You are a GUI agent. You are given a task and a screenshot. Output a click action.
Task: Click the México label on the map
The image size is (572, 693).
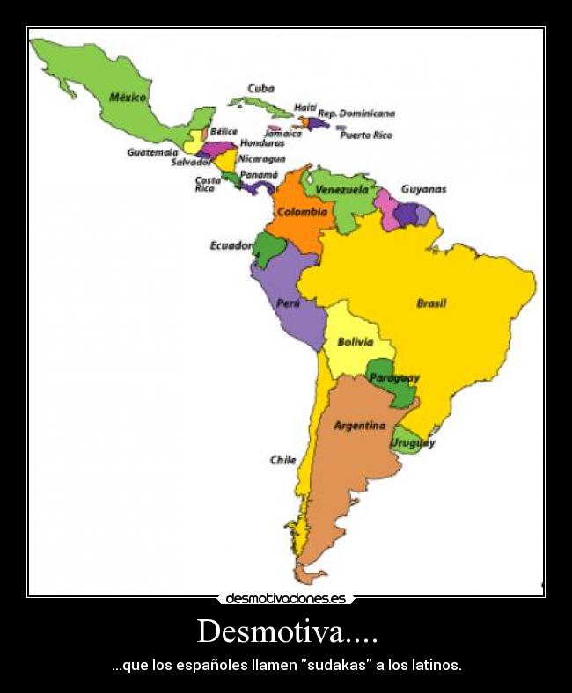[x=128, y=98]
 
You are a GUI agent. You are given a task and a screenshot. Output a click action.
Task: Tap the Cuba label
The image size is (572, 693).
[x=260, y=88]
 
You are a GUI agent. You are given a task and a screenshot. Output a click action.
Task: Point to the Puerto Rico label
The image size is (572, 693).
[x=366, y=135]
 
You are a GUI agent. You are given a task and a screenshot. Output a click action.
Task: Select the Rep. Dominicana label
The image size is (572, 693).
[x=356, y=113]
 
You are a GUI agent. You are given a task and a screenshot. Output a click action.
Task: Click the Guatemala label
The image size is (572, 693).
[x=152, y=152]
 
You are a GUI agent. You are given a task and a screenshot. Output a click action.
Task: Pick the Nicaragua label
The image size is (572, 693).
[x=261, y=158]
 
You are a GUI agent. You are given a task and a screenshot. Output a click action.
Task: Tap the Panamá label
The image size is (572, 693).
[x=259, y=175]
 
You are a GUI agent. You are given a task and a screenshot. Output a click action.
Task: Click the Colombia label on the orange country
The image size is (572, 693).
[x=302, y=212]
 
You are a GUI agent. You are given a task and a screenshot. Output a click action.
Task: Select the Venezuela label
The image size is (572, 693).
[x=341, y=190]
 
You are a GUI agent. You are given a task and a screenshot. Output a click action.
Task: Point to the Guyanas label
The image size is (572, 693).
[x=423, y=189]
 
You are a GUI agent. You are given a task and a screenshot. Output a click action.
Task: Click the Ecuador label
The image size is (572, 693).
[x=231, y=245]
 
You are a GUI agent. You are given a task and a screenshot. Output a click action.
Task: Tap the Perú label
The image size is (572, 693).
[x=288, y=303]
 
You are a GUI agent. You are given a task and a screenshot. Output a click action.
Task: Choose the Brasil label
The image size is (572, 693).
[x=431, y=303]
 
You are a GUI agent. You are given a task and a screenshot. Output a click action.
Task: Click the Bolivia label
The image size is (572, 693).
[x=355, y=342]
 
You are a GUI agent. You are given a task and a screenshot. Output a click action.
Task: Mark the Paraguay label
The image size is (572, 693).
[x=394, y=377]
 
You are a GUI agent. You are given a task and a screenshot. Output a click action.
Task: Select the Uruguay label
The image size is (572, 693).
[x=413, y=443]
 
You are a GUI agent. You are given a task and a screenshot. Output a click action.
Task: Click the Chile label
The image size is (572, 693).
[x=282, y=460]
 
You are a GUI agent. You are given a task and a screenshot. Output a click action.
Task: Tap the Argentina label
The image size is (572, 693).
[x=359, y=426]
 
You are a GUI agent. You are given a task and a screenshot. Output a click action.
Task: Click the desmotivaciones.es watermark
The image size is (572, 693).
[x=286, y=599]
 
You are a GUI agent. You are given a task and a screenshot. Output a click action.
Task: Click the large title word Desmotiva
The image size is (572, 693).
[x=286, y=631]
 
